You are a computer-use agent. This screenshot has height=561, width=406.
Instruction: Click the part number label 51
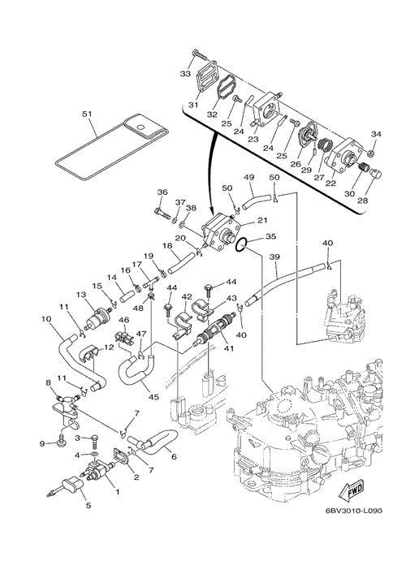pos(87,114)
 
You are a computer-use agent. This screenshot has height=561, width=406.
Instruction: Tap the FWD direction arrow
pos(352,490)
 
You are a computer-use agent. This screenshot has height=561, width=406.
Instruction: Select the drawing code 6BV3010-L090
pos(353,511)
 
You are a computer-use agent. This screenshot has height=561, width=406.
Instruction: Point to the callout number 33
pos(185,74)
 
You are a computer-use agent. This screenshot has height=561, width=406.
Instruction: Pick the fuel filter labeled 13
pos(97,317)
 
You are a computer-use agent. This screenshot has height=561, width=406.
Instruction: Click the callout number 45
pos(154,397)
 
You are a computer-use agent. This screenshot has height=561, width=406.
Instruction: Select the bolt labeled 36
pos(163,214)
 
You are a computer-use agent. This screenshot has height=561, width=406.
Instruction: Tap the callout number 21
pos(262,221)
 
